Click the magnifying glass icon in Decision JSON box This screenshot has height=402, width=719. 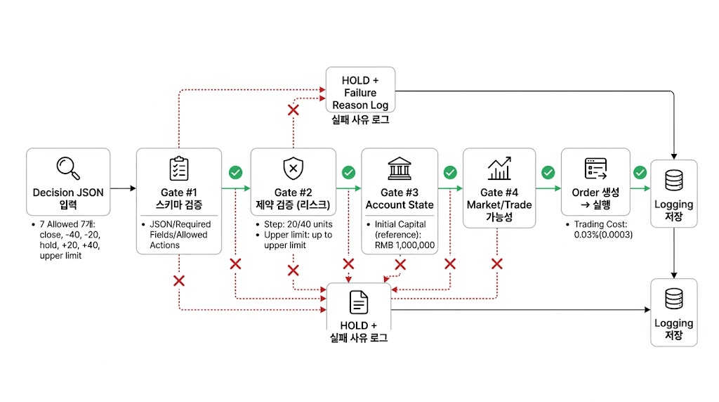point(68,168)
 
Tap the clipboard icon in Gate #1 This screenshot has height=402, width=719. point(178,169)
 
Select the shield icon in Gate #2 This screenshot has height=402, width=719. point(292,169)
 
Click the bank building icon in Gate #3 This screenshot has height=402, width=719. point(400,169)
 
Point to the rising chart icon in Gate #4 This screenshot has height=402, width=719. point(499,169)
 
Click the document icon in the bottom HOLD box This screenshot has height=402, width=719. point(358,302)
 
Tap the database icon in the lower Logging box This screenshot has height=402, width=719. point(673,299)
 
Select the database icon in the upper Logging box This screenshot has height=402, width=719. point(673,181)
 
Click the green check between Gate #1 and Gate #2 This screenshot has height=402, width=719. point(235,172)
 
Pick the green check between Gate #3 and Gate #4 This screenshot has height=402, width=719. point(450,172)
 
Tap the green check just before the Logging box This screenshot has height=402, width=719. point(640,172)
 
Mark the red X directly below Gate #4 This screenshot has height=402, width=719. point(497,264)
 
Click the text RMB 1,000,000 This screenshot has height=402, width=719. point(401,245)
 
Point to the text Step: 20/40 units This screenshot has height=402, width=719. point(294,224)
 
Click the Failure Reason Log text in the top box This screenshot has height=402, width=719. point(359,99)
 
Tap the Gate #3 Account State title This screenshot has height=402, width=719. point(400,198)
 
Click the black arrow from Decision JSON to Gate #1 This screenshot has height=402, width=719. point(123,188)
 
